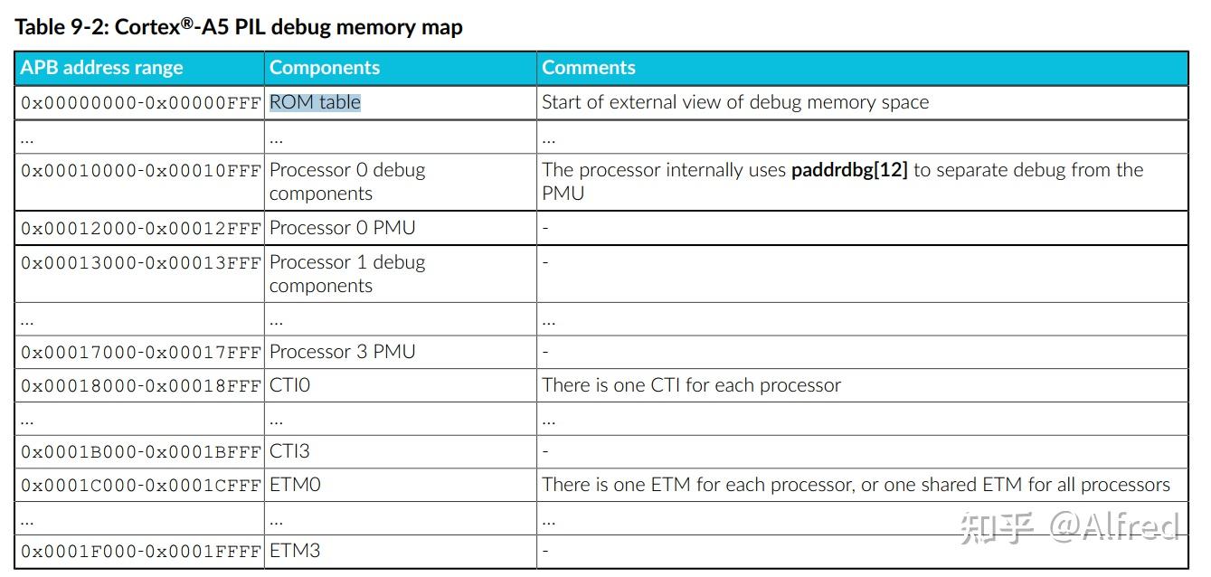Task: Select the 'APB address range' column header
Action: tap(101, 68)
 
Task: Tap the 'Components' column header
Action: tap(325, 68)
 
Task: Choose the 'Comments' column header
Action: tap(589, 68)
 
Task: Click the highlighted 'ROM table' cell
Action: tap(315, 102)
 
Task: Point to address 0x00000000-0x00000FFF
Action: tap(140, 103)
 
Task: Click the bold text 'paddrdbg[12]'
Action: tap(848, 171)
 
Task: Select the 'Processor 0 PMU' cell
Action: tap(342, 228)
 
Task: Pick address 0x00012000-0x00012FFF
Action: tap(140, 229)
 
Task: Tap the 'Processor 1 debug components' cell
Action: tap(346, 274)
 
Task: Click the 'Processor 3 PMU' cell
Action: tap(342, 352)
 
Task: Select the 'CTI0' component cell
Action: tap(289, 385)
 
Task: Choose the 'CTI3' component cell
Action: tap(289, 451)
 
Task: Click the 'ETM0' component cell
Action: tap(295, 485)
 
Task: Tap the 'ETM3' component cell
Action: tap(295, 551)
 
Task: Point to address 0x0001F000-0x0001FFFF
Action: tap(140, 552)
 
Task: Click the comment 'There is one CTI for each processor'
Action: tap(691, 385)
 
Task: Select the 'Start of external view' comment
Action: tap(734, 102)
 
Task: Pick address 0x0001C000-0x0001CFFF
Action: tap(140, 486)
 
